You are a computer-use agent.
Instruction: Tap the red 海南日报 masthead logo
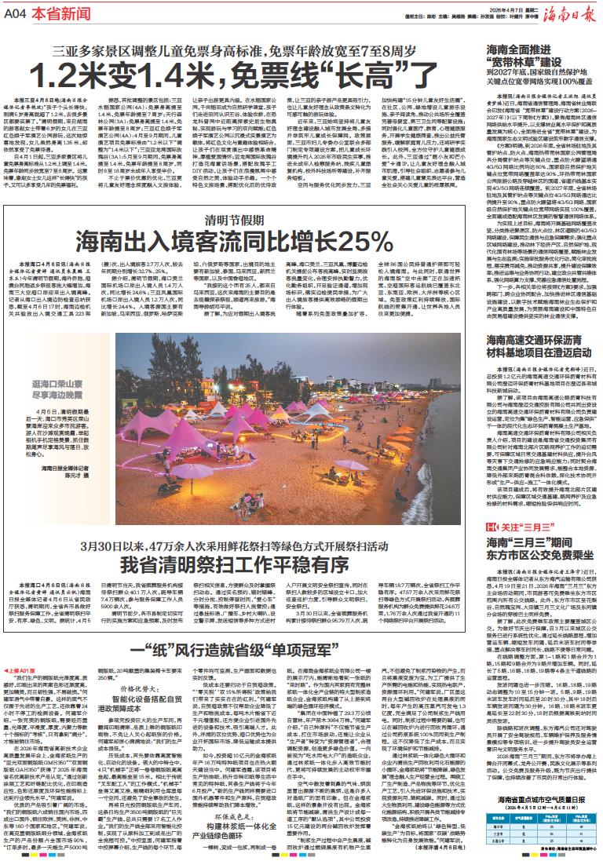(570, 12)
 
